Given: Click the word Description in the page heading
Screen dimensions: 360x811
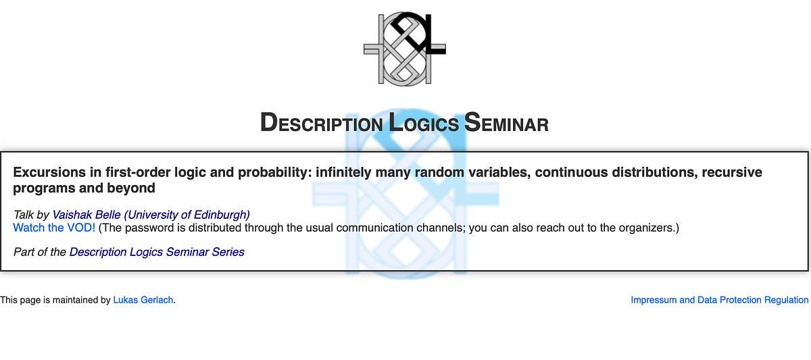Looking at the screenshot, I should [x=321, y=124].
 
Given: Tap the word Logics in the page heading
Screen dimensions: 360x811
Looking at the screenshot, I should [x=424, y=124].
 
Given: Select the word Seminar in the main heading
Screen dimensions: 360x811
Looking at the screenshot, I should [x=507, y=124].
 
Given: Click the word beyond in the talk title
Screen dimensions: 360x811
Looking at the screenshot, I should [x=132, y=188].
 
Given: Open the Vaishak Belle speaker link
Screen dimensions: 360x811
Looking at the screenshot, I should [x=151, y=215].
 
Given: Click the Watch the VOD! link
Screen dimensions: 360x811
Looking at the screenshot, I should [x=54, y=228].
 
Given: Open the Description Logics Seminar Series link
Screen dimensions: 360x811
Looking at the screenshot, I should [x=157, y=252].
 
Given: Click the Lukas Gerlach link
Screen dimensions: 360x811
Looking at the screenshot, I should [x=143, y=300].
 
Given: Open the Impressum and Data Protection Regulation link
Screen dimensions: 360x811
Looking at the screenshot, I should [x=719, y=300].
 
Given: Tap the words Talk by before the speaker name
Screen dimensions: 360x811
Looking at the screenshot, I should [x=31, y=215].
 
